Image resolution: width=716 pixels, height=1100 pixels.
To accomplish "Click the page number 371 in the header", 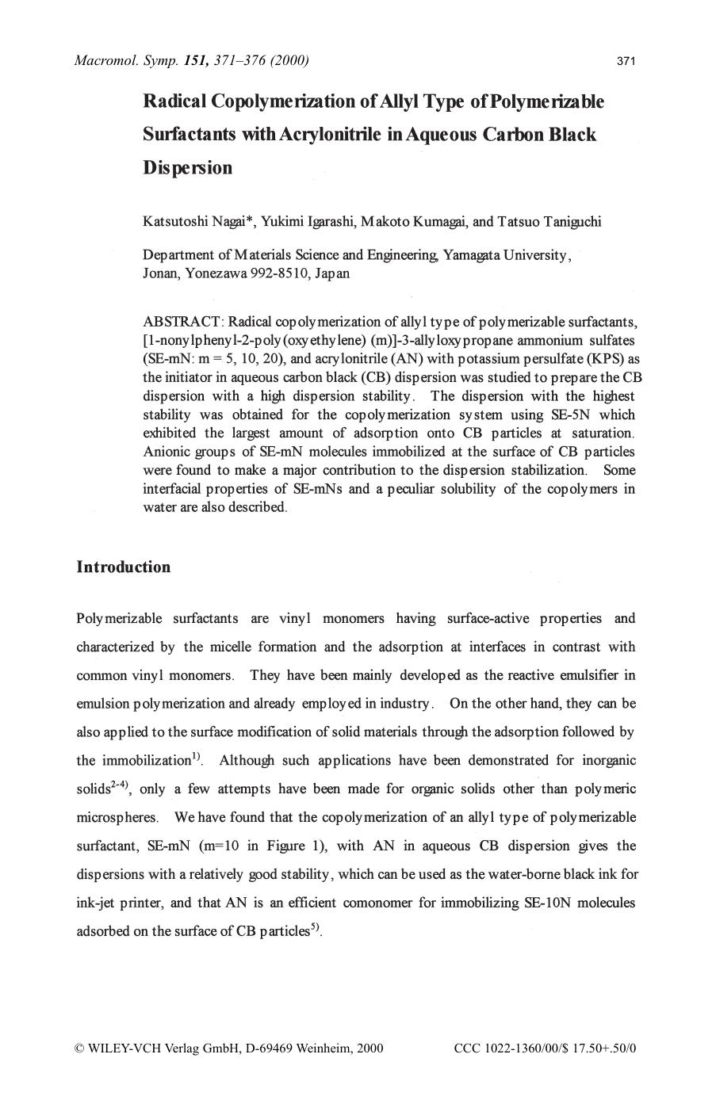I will pyautogui.click(x=625, y=61).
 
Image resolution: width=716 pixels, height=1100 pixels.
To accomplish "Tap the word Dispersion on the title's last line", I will pyautogui.click(x=188, y=168).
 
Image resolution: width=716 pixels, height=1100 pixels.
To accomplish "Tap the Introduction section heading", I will pyautogui.click(x=123, y=567).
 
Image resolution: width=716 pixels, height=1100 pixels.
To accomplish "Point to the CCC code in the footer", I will pyautogui.click(x=546, y=1048).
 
